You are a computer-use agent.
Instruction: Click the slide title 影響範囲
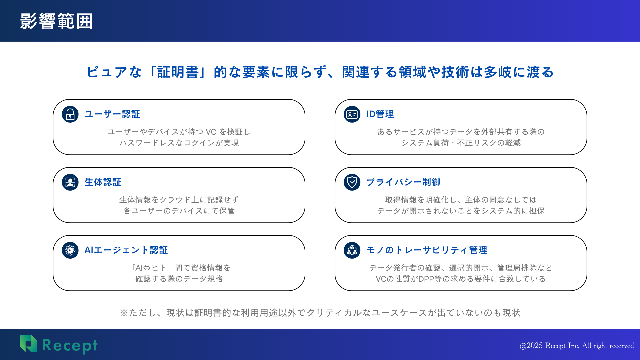coord(56,21)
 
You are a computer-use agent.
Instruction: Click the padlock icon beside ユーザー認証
coord(70,114)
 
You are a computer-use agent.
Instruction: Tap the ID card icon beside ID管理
coord(352,114)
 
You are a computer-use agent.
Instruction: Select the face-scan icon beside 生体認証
coord(70,182)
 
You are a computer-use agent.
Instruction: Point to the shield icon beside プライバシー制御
coord(352,182)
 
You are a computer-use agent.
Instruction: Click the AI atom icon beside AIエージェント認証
coord(70,250)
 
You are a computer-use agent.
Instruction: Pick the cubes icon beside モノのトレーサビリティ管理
coord(352,250)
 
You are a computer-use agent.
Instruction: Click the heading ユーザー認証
coord(112,114)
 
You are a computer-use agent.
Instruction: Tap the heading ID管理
coord(380,114)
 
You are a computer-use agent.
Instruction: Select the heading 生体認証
coord(103,182)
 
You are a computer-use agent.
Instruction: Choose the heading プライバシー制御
coord(403,182)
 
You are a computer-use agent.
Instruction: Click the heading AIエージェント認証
coord(126,250)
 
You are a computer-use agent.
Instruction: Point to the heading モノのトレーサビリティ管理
coord(427,250)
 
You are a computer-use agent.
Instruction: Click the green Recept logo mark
coord(28,344)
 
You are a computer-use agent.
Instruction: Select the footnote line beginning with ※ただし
coord(320,313)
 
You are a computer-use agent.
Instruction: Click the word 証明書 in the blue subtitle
coord(178,72)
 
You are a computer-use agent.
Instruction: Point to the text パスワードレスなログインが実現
coord(179,143)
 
